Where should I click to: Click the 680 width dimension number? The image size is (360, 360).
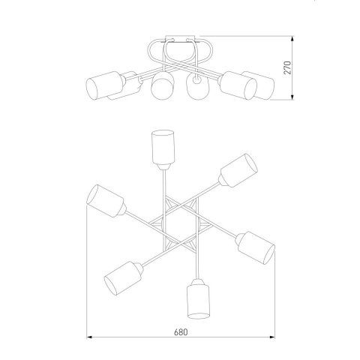pos(181,332)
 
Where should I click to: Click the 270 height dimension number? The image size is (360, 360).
pos(288,67)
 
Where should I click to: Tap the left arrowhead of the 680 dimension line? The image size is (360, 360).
pos(89,337)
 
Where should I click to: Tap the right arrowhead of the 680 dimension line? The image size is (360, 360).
pos(271,337)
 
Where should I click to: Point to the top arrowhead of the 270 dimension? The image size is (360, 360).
pos(292,39)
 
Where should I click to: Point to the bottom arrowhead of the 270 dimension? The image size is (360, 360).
pos(292,97)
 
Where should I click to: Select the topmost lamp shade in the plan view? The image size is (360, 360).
pos(163,147)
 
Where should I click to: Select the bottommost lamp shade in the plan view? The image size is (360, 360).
pos(199,301)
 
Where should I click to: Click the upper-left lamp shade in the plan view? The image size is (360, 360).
pos(105,201)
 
